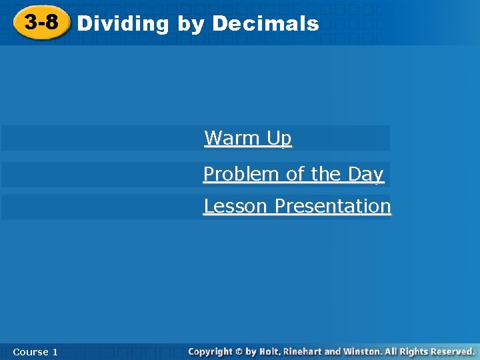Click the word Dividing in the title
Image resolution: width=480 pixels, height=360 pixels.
(x=123, y=24)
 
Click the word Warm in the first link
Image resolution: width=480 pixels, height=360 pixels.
(x=232, y=138)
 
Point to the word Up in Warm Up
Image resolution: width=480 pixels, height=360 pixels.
(x=279, y=139)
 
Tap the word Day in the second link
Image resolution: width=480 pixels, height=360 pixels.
(x=365, y=175)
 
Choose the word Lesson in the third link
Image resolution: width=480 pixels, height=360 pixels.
(x=237, y=206)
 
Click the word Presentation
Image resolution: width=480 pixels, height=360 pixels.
(x=333, y=206)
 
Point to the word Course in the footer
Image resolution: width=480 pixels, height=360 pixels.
(x=30, y=351)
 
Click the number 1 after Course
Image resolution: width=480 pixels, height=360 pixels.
(x=55, y=351)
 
